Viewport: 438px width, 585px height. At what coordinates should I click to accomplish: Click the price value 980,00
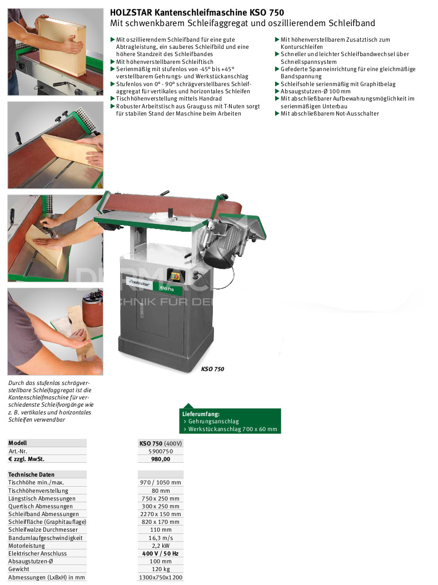pos(161,459)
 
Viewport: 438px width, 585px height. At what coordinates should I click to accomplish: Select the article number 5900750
pos(161,452)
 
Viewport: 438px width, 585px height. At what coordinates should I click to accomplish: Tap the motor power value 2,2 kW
pos(161,546)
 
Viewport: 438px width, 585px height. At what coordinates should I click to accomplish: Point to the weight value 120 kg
pos(161,569)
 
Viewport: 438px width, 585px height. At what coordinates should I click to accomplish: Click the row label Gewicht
pos(19,569)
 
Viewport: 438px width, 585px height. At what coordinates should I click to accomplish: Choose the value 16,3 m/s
pos(161,538)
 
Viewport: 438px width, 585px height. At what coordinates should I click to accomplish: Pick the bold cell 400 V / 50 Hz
pos(161,554)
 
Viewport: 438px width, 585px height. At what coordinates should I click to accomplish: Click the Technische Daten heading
pos(31,474)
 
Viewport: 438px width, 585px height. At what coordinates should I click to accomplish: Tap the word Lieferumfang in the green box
pos(201,414)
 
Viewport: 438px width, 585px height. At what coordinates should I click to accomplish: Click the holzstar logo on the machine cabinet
pos(140,283)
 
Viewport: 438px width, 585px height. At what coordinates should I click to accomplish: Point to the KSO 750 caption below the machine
pos(212,369)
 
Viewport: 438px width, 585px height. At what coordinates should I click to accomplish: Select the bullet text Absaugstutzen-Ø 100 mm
pos(316,92)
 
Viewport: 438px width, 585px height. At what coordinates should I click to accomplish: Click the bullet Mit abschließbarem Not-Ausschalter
pos(330,114)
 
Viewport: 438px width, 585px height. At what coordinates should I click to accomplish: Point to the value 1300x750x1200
pos(161,578)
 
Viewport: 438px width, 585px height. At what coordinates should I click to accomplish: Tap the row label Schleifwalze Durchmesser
pos(43,530)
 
